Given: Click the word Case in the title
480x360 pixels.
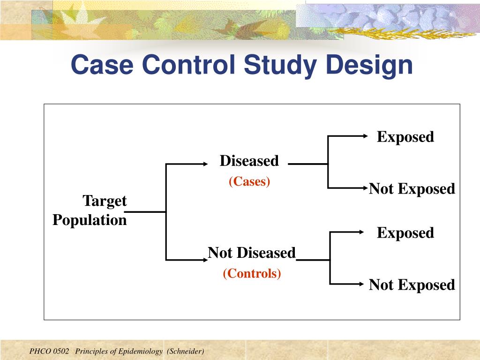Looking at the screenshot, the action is pos(102,64).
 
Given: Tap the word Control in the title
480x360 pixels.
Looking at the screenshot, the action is pos(188,64).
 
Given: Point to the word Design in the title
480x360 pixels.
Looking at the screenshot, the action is pos(369,66).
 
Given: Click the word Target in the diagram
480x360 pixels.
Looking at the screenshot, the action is pos(105,201).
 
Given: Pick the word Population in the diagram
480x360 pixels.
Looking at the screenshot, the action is pos(90,220).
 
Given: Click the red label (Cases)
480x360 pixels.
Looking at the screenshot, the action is pos(249,181).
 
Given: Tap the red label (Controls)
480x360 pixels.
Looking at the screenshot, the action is pos(252,273).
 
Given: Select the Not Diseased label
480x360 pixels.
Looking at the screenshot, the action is pos(252,253).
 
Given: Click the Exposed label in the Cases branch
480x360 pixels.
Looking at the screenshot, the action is pos(405,137).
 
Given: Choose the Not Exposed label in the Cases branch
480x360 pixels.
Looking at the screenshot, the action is pos(412,188).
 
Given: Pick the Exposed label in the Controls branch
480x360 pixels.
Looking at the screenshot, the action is pos(405,233).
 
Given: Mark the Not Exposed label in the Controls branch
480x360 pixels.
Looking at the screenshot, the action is pos(412,285).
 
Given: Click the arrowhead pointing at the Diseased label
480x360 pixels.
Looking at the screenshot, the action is pos(206,164).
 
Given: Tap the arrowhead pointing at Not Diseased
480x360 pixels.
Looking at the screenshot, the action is pos(206,260).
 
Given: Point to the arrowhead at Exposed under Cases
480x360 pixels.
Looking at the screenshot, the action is pos(366,135).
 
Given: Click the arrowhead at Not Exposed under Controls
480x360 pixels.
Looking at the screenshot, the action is pos(361,284).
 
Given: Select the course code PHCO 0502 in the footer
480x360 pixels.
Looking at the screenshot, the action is pos(49,351).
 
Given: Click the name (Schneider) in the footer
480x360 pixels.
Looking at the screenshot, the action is pos(186,352).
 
